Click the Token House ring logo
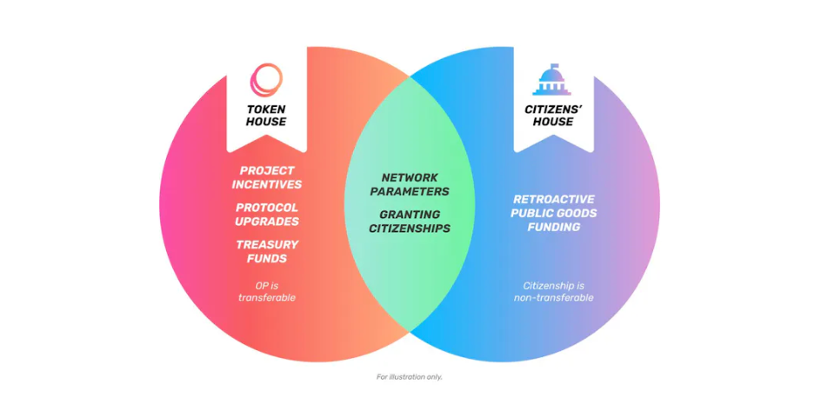[266, 80]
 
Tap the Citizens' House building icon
[552, 80]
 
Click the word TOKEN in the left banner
[266, 110]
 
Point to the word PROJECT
[267, 170]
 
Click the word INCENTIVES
[267, 185]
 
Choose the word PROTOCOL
[267, 208]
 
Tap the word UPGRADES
[267, 222]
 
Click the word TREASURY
[267, 245]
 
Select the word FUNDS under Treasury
[267, 259]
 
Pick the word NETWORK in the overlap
[410, 178]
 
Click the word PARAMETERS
[410, 192]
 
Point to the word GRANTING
[410, 215]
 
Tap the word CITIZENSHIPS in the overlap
[410, 229]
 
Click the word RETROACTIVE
[553, 199]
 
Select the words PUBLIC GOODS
[553, 214]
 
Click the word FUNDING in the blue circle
[553, 228]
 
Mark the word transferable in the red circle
[267, 298]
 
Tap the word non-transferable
[553, 298]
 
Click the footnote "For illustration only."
[410, 376]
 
